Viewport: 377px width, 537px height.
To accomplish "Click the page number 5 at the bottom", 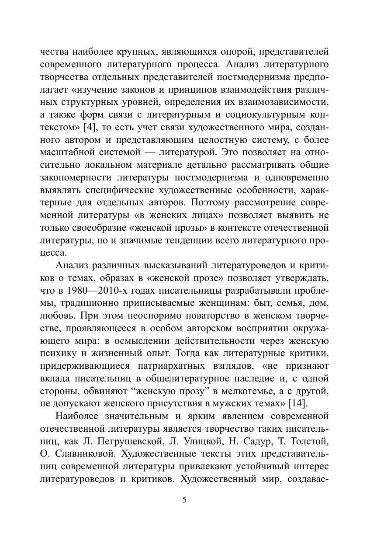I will pyautogui.click(x=184, y=500).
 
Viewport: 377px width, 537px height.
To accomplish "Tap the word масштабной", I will pyautogui.click(x=68, y=153).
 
